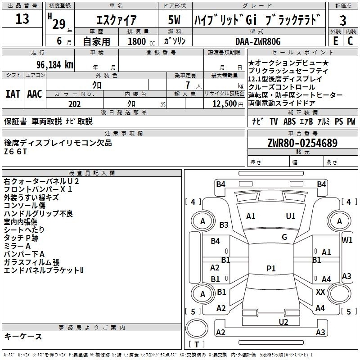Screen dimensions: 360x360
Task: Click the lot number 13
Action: [22, 19]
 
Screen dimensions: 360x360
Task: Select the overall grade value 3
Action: [343, 20]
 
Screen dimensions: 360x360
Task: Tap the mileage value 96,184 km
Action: [55, 65]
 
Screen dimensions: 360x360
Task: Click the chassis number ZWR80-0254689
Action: [302, 143]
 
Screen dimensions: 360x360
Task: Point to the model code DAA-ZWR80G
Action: [258, 41]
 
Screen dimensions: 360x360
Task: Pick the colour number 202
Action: [74, 104]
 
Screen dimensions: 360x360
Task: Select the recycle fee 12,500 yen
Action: [228, 104]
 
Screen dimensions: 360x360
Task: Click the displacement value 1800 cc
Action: [141, 41]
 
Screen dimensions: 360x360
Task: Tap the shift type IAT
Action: [13, 94]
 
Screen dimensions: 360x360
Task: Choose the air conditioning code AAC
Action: [35, 94]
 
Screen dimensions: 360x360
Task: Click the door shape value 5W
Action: [174, 20]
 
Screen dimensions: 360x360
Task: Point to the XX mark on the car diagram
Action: [320, 292]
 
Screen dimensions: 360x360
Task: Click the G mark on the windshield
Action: [284, 237]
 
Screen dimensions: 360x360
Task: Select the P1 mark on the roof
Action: [271, 268]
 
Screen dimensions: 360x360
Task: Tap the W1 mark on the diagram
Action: [346, 240]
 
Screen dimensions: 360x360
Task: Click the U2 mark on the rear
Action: [283, 322]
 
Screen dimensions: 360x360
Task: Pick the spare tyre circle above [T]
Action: [197, 328]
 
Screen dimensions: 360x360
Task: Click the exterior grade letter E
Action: [335, 41]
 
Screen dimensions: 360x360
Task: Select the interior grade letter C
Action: [350, 41]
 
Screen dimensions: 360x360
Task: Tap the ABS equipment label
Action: [289, 121]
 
